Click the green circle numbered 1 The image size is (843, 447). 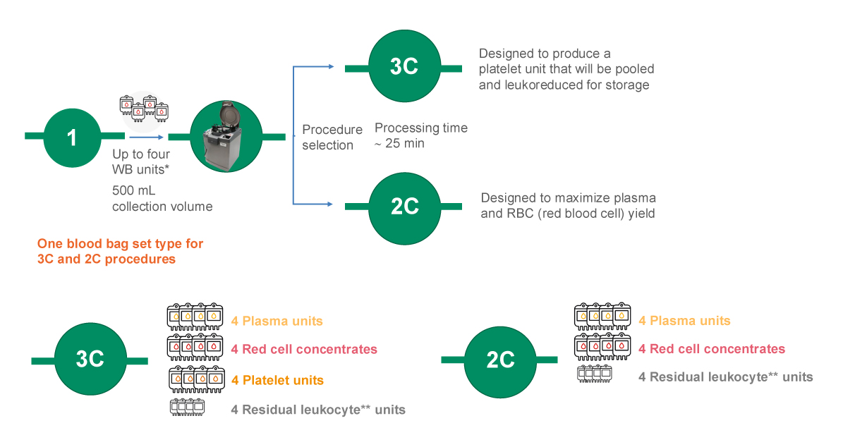72,137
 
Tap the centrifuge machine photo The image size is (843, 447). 226,137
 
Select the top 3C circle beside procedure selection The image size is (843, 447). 404,66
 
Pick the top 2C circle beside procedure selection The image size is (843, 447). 404,208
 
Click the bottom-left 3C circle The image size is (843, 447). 90,359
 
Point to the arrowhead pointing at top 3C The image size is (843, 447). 331,66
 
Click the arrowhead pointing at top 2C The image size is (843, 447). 329,204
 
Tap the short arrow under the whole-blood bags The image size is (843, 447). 146,137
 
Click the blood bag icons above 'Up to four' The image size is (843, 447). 144,109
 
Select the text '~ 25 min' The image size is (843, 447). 399,143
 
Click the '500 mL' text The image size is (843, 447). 133,191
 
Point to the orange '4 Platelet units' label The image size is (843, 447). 277,381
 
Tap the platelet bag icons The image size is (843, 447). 197,380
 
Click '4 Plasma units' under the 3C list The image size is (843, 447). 277,322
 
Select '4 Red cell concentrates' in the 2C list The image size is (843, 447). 712,349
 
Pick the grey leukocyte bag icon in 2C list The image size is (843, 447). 595,374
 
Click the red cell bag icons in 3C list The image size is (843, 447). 195,348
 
